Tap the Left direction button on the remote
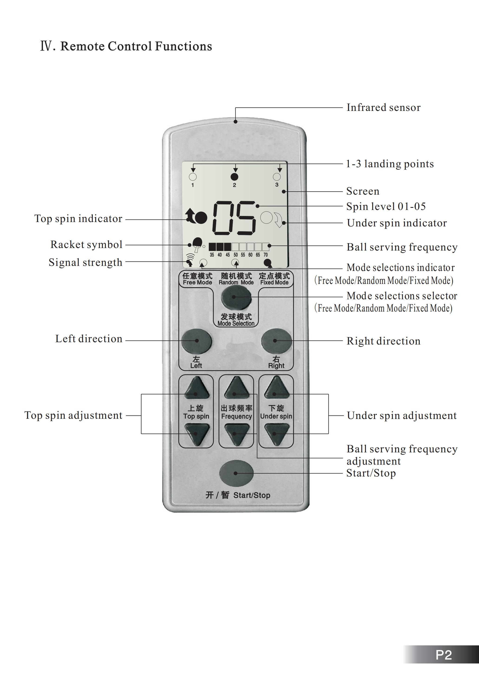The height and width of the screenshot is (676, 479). pyautogui.click(x=196, y=341)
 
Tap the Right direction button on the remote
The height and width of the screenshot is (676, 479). pyautogui.click(x=276, y=341)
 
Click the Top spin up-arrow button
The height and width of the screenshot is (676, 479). pyautogui.click(x=196, y=388)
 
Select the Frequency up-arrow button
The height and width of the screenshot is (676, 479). pyautogui.click(x=236, y=388)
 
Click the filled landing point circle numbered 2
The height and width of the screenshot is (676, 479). pyautogui.click(x=234, y=177)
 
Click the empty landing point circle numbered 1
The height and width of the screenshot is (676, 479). pyautogui.click(x=193, y=177)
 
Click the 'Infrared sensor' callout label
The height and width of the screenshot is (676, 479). pyautogui.click(x=383, y=108)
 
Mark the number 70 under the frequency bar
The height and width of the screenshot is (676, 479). pyautogui.click(x=265, y=255)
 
